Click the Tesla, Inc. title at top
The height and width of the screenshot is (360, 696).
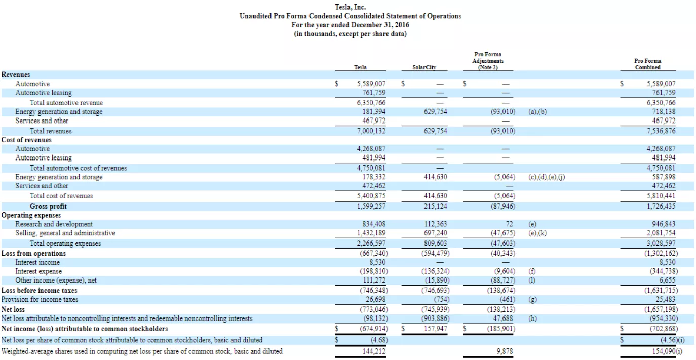coord(350,7)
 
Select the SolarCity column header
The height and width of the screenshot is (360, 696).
coord(424,67)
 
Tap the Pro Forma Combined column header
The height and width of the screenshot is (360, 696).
coord(647,64)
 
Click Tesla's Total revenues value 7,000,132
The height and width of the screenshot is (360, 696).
coord(371,131)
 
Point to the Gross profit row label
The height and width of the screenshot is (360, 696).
coord(48,206)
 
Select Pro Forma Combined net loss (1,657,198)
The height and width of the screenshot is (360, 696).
coord(660,309)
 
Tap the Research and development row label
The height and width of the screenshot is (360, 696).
coord(54,224)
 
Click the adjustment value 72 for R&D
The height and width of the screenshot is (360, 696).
coord(509,224)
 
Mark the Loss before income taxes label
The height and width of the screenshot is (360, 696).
coord(39,291)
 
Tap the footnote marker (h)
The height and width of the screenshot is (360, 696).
coord(532,319)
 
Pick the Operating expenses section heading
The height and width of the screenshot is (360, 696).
coord(31,215)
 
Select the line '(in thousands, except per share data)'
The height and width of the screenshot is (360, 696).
coord(350,34)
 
